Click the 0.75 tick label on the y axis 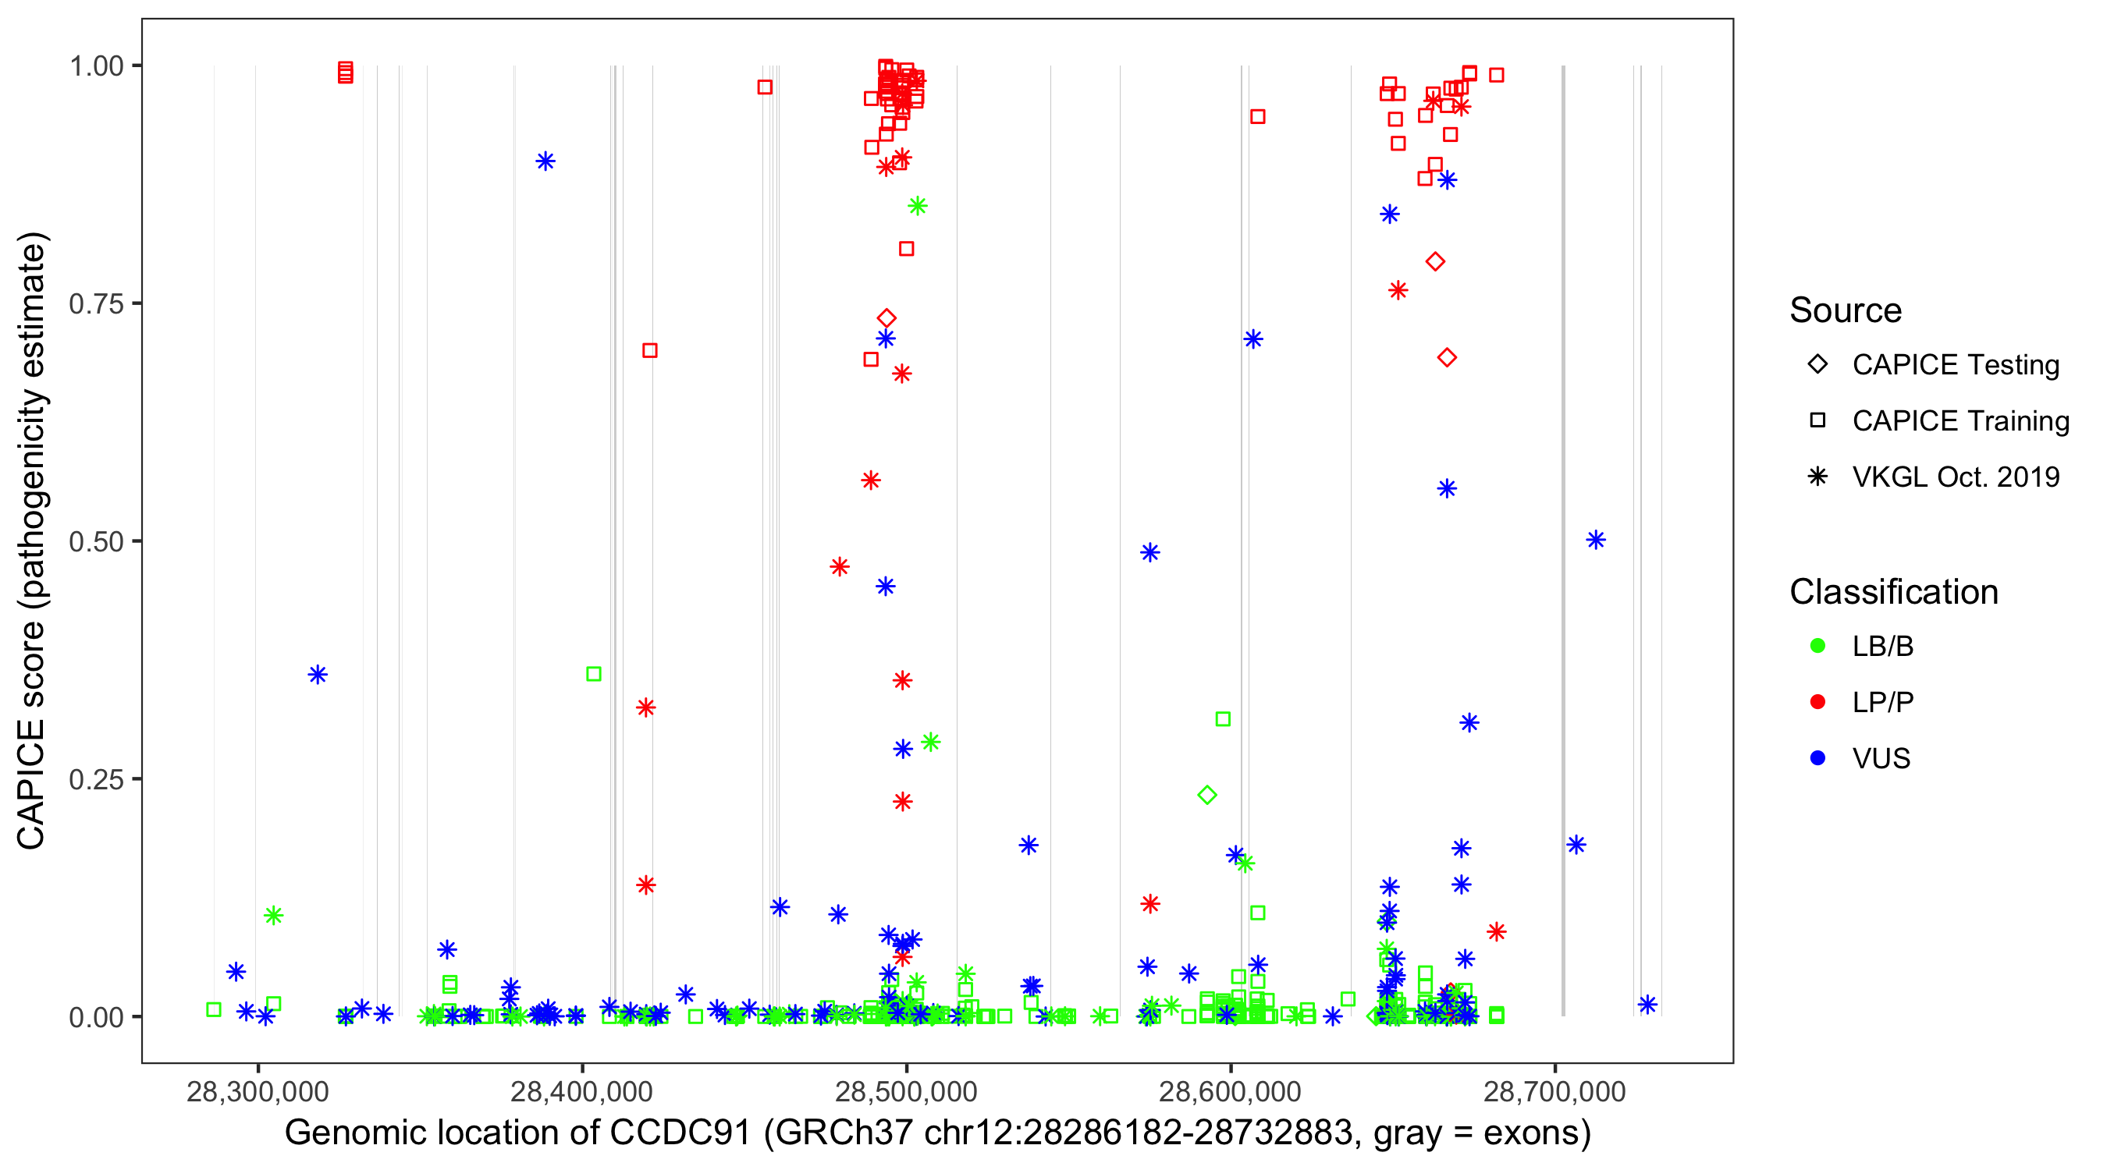pyautogui.click(x=96, y=304)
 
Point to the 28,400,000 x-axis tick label pyautogui.click(x=581, y=1091)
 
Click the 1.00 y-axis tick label pyautogui.click(x=96, y=66)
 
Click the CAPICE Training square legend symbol pyautogui.click(x=1817, y=420)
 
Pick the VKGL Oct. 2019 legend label pyautogui.click(x=1956, y=477)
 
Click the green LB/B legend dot pyautogui.click(x=1817, y=646)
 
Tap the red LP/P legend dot pyautogui.click(x=1817, y=702)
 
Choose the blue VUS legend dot pyautogui.click(x=1817, y=758)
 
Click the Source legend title pyautogui.click(x=1846, y=310)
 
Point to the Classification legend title pyautogui.click(x=1893, y=592)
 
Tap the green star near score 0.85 pyautogui.click(x=918, y=206)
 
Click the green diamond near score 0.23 pyautogui.click(x=1207, y=795)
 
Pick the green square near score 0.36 pyautogui.click(x=594, y=674)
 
